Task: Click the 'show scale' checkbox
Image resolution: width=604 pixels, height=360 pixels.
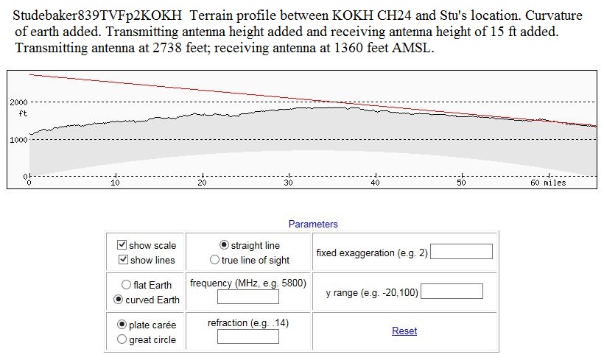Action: [x=122, y=245]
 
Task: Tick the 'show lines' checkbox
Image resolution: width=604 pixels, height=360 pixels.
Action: [x=122, y=260]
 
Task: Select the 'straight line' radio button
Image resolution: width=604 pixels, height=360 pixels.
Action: [x=225, y=245]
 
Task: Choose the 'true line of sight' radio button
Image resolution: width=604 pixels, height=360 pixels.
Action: [x=215, y=260]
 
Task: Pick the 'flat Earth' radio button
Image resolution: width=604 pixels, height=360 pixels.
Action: [x=127, y=285]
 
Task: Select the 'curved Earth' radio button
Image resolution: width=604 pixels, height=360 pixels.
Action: [x=118, y=300]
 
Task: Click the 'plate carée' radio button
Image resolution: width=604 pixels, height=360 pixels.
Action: [x=122, y=325]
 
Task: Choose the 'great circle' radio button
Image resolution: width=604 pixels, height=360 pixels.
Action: [x=122, y=339]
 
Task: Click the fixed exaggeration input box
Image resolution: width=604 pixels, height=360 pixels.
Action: [x=461, y=252]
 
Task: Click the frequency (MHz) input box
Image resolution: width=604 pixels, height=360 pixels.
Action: [x=247, y=297]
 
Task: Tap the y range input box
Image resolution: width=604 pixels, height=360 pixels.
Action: [x=452, y=292]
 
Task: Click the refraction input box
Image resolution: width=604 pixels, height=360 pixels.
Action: [x=247, y=336]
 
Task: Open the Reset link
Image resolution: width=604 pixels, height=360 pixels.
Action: [x=404, y=331]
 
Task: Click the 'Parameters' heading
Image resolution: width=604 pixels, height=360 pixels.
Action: [x=313, y=224]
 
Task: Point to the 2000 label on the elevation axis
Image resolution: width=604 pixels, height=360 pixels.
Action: [x=19, y=102]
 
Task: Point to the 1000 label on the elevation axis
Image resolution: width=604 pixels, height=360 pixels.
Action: [x=19, y=139]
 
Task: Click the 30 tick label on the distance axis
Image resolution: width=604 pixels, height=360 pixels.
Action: [x=288, y=183]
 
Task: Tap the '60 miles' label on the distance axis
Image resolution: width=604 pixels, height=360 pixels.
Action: [x=548, y=183]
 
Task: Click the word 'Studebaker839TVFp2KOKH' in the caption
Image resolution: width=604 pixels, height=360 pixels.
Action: [x=97, y=16]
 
